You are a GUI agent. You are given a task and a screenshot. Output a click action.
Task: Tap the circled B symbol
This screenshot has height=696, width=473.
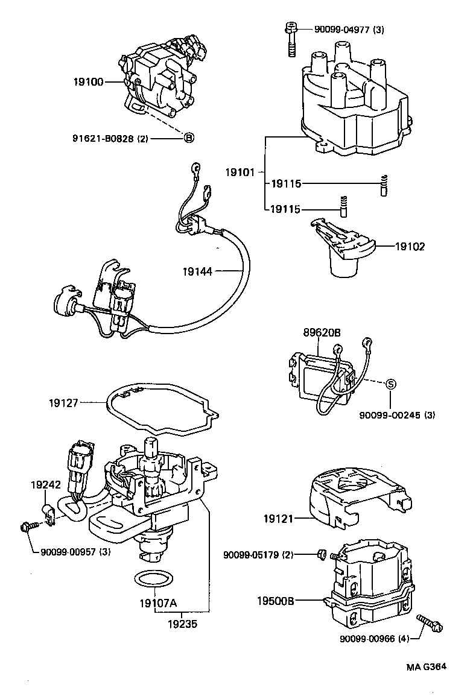188,138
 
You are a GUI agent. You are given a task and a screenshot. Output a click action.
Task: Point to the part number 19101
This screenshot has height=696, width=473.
240,172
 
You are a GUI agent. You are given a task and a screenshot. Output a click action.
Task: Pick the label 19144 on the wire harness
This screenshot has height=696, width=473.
197,272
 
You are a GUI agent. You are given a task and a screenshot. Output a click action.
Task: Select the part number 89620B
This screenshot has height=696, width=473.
322,332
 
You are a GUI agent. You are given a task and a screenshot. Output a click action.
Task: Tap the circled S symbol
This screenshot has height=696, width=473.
390,384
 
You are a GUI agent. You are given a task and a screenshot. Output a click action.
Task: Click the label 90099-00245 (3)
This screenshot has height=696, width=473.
398,415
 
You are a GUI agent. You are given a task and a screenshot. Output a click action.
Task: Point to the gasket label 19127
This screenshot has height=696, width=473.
65,401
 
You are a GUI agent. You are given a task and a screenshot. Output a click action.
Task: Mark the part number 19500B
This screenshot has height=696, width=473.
275,601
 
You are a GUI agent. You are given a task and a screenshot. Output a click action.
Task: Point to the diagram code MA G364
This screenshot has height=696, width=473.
426,667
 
